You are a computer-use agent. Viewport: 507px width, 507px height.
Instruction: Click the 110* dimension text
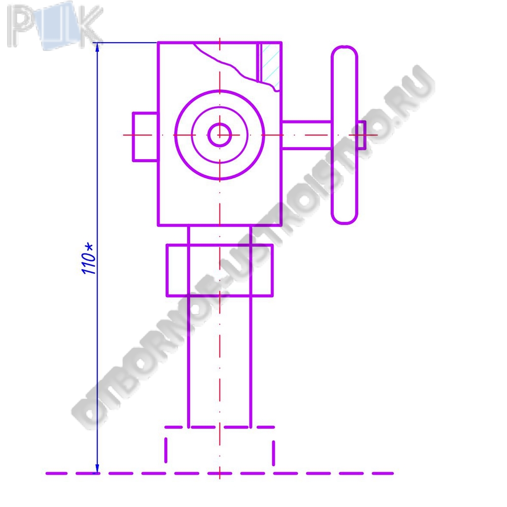coord(88,259)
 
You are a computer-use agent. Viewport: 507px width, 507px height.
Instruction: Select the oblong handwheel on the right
coord(344,135)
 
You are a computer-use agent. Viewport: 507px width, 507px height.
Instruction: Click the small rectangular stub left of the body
coord(145,136)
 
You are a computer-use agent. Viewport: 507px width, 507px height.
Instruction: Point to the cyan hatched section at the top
coord(270,63)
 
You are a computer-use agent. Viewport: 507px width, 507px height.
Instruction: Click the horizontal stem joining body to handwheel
coord(307,135)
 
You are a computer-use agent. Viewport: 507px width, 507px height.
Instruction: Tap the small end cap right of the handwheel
coord(361,135)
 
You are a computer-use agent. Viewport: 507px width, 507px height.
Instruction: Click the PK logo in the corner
coord(55,26)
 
